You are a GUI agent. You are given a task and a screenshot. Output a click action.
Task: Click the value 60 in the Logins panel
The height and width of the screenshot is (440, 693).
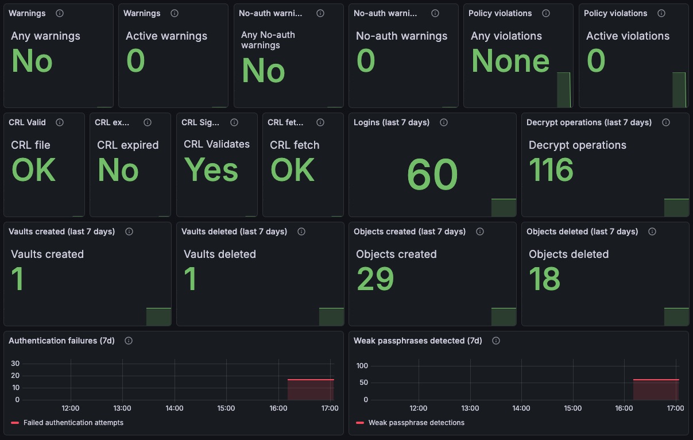pos(432,174)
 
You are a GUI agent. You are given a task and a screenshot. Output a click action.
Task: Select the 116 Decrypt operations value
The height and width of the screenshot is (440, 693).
pos(551,169)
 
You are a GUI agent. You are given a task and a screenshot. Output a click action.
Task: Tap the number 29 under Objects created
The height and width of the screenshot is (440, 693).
pos(375,279)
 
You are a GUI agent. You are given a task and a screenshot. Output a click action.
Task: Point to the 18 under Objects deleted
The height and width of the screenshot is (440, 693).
pos(544,279)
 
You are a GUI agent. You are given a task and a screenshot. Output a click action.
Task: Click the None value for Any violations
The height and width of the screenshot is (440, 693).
pos(510,61)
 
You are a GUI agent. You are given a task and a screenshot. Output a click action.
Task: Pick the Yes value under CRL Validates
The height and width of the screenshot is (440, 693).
pos(211,169)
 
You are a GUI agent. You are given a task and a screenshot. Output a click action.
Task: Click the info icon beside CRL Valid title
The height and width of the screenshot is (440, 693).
pos(60,122)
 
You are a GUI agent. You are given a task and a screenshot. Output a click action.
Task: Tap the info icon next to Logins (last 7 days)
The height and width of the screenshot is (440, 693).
pos(444,122)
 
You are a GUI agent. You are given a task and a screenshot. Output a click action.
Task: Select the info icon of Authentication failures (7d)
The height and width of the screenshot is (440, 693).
pos(129,341)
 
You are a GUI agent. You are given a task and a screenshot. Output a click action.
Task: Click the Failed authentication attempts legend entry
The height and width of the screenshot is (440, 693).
pos(67,423)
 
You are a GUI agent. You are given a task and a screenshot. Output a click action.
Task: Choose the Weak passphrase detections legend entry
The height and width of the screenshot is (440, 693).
pos(411,423)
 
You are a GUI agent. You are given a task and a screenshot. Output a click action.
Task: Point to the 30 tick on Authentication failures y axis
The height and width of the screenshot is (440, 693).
pos(15,364)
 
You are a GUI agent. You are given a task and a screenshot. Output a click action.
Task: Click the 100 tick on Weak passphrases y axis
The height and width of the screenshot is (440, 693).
pos(362,366)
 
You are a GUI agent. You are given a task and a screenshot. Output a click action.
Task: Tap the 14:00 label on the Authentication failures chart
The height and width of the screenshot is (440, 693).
pos(175,408)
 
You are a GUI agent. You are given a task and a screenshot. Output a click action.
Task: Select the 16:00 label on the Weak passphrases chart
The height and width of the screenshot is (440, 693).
pos(624,408)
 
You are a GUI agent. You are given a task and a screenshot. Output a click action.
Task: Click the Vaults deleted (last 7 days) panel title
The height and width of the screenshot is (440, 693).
pos(234,231)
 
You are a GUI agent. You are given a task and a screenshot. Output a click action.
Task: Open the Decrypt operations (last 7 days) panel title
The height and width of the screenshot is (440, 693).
pos(589,122)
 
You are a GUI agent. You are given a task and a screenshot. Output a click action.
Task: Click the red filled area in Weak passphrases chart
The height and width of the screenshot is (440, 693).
pos(656,390)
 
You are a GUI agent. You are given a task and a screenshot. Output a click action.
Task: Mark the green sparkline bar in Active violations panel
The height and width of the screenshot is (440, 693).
pos(679,90)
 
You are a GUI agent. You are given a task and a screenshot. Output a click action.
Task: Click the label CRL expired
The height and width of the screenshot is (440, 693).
pos(128,145)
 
